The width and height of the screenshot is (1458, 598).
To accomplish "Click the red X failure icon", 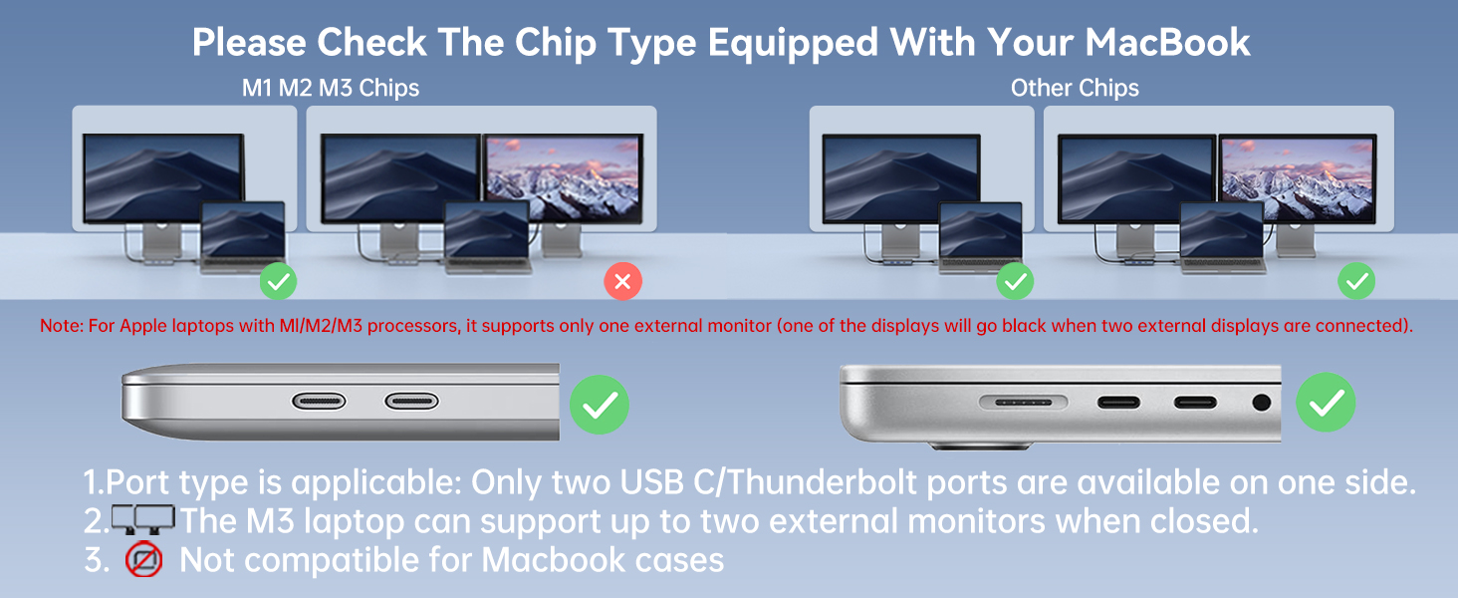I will click(623, 282).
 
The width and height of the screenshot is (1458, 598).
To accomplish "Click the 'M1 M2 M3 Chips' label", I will click(331, 88).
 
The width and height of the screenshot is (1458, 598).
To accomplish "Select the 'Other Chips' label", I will click(1075, 88).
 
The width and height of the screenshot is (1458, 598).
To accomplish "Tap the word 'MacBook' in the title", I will click(1167, 43).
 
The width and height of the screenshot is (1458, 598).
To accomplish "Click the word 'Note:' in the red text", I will click(60, 326).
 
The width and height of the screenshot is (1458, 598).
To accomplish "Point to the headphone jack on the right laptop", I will click(1262, 403).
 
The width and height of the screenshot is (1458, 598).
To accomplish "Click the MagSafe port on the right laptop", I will click(1024, 403).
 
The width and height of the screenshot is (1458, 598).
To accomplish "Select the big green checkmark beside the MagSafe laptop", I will click(1326, 403).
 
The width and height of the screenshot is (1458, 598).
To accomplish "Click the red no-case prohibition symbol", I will click(144, 560).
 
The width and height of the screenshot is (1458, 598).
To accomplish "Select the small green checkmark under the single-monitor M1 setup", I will click(278, 282).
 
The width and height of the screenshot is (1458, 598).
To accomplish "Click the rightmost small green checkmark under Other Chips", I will click(1356, 282).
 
